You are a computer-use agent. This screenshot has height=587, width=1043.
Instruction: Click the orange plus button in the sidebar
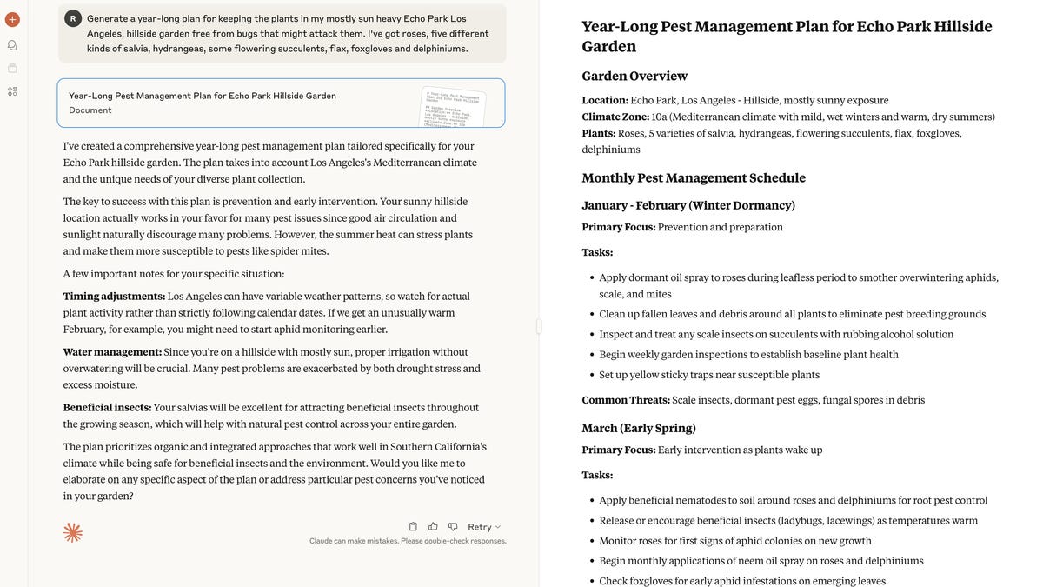[12, 19]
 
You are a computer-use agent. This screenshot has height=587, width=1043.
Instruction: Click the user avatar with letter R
[73, 18]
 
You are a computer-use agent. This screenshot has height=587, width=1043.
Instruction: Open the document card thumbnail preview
[453, 105]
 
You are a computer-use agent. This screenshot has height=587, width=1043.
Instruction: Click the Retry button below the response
[483, 527]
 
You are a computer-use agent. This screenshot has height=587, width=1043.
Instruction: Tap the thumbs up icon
[433, 526]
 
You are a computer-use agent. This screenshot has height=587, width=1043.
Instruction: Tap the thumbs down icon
[453, 526]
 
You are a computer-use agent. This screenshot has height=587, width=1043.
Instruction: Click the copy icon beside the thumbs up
[413, 526]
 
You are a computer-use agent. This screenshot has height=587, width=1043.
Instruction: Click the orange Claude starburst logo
[73, 532]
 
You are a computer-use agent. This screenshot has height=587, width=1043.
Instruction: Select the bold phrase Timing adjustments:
[114, 297]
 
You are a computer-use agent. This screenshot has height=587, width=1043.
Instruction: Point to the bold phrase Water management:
[112, 352]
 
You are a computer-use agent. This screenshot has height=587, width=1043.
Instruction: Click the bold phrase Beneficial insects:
[107, 408]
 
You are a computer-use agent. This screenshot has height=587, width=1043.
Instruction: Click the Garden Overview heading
[634, 77]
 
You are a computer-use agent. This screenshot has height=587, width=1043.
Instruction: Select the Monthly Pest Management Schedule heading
[694, 178]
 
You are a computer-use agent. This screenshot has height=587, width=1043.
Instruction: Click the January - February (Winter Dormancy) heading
[688, 206]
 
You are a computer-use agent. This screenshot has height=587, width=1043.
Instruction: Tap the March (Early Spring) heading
[639, 429]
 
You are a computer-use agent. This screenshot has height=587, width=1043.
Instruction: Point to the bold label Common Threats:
[626, 400]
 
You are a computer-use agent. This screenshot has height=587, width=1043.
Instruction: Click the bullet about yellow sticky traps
[709, 375]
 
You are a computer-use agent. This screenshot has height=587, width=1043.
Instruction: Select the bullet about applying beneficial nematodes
[793, 501]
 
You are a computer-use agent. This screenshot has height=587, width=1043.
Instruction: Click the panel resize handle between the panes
[539, 326]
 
